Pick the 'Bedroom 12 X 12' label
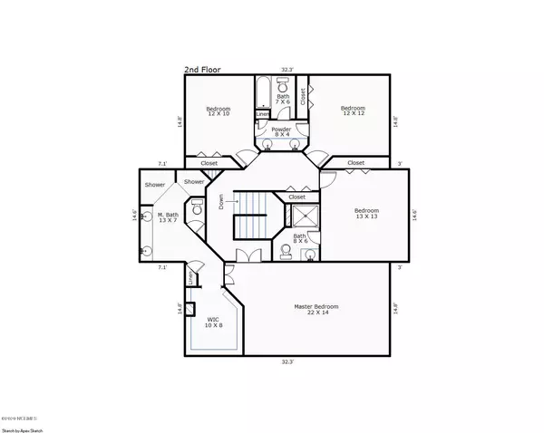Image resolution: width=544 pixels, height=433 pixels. tap(354, 110)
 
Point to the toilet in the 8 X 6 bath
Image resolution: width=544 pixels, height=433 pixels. tap(287, 249)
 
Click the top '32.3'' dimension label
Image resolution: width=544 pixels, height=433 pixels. tap(287, 69)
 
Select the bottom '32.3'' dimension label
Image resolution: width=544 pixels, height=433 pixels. tap(287, 361)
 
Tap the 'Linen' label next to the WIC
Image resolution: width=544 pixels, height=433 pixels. tap(191, 277)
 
